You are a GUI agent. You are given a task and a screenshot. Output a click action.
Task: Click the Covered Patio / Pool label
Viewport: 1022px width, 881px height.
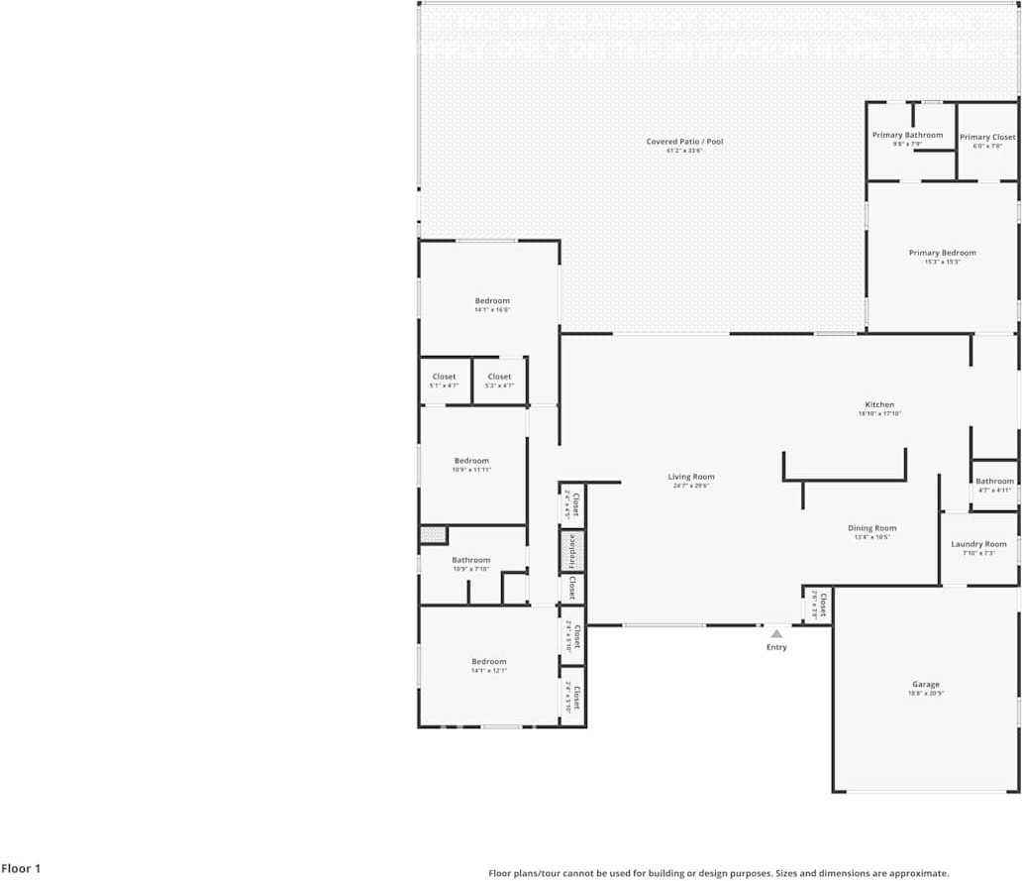pyautogui.click(x=684, y=142)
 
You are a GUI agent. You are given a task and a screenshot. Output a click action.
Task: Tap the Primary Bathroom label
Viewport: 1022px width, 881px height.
pyautogui.click(x=907, y=135)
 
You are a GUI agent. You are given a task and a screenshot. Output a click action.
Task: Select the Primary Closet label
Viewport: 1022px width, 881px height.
pyautogui.click(x=987, y=138)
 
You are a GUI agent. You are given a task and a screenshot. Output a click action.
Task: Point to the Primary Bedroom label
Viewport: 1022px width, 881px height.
pyautogui.click(x=942, y=253)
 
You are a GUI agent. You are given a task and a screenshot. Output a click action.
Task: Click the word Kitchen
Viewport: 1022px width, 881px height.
pyautogui.click(x=879, y=404)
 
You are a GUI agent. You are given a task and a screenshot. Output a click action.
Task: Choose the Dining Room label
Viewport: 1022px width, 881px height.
pyautogui.click(x=871, y=528)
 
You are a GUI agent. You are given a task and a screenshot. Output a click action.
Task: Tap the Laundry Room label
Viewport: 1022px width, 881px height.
pyautogui.click(x=978, y=544)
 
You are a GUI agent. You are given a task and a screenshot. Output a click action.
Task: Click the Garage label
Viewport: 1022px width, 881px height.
pyautogui.click(x=926, y=684)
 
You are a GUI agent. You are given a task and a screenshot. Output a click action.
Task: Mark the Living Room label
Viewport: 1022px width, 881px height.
pyautogui.click(x=690, y=477)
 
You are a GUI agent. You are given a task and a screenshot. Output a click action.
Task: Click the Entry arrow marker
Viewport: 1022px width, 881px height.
pyautogui.click(x=776, y=632)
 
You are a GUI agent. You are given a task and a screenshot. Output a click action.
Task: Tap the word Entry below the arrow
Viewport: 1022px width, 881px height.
pyautogui.click(x=776, y=647)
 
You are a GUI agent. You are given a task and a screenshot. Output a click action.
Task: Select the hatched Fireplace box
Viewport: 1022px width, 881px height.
pyautogui.click(x=571, y=552)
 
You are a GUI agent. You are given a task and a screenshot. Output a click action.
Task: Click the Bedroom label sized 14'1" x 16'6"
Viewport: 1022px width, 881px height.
pyautogui.click(x=492, y=301)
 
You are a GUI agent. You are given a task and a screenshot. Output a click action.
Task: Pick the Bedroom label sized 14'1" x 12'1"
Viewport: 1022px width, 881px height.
pyautogui.click(x=488, y=662)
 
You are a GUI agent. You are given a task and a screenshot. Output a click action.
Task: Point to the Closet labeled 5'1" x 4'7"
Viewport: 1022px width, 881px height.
pyautogui.click(x=444, y=377)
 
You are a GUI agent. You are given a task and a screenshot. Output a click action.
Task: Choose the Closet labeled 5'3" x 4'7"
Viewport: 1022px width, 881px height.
pyautogui.click(x=499, y=377)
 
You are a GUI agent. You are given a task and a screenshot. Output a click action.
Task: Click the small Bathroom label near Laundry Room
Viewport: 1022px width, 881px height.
pyautogui.click(x=994, y=482)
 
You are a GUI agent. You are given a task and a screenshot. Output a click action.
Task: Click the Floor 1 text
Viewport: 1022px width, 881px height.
pyautogui.click(x=21, y=869)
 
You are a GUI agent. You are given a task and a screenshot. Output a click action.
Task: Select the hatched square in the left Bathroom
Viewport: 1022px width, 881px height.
pyautogui.click(x=433, y=535)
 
